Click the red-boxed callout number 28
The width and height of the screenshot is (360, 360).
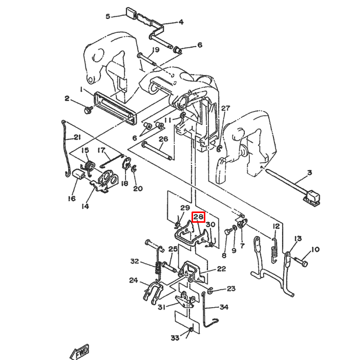coord(199,217)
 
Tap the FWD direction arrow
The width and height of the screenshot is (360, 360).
coord(80,351)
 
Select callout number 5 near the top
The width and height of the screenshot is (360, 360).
coord(108,16)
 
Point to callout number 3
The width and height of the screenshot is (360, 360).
coord(310,172)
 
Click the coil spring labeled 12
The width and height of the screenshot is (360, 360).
coord(274,251)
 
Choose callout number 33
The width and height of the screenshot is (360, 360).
coord(175,338)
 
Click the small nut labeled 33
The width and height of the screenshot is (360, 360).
coord(191,330)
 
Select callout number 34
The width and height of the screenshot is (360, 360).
coord(224,307)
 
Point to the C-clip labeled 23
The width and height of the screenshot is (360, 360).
coord(210,291)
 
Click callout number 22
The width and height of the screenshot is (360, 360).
coord(221,269)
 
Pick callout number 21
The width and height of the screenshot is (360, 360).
coord(77,137)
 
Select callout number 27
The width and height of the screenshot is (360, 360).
coord(225,108)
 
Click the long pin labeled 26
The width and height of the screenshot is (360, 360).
coord(157,152)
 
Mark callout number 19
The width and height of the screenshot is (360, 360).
coord(156,50)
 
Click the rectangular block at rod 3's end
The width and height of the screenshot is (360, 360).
coord(312,197)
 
